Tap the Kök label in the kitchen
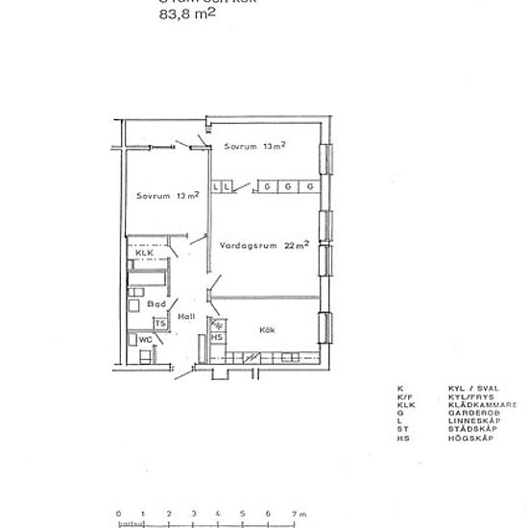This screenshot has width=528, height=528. (268, 329)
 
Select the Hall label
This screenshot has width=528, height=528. (186, 316)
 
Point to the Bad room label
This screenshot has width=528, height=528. (157, 304)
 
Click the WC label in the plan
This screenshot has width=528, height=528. (146, 339)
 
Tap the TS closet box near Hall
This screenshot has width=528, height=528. (161, 324)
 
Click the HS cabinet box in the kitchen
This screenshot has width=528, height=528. (217, 338)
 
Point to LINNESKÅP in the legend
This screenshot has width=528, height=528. (471, 420)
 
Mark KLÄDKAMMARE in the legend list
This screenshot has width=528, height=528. (478, 404)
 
